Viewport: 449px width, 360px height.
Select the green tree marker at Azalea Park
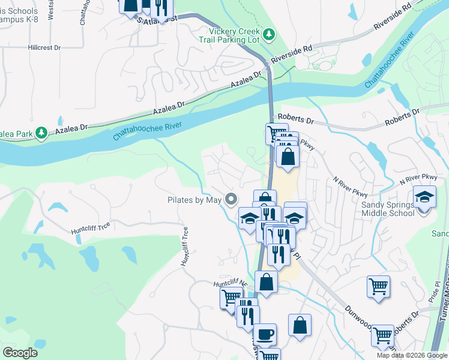point(41,132)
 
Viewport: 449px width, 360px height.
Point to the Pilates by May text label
point(194,200)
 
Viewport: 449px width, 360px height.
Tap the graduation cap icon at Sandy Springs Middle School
point(424,197)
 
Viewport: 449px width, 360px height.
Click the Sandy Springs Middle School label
point(387,209)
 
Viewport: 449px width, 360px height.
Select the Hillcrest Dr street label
point(45,47)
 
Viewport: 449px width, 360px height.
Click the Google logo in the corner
point(20,353)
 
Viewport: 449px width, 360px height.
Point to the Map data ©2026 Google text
point(412,355)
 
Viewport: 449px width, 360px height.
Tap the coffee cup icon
point(264,334)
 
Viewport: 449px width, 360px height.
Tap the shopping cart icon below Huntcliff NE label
point(231,297)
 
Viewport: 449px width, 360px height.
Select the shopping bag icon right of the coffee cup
point(300,325)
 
